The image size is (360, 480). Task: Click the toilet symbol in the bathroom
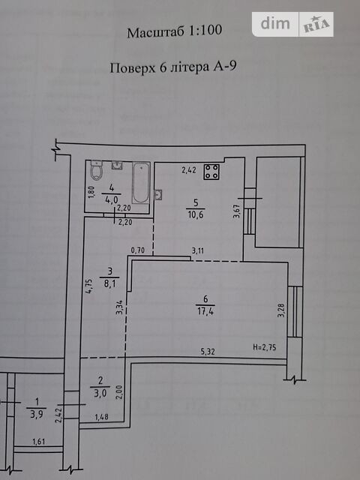point(96,170)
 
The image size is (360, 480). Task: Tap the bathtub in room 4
point(141,183)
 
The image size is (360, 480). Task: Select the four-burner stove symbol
point(211,172)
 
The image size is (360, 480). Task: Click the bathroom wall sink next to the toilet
point(117,165)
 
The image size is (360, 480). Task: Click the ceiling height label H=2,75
point(265,347)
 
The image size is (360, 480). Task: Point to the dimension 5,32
point(208,352)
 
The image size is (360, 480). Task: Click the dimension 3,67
point(236,211)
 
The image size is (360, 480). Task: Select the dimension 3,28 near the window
point(280,310)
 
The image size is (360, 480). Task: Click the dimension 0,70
point(138,250)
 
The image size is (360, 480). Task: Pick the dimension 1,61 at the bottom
point(39,442)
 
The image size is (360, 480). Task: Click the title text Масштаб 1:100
point(175,31)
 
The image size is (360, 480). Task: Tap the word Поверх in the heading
point(133,67)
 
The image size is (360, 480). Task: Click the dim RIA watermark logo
point(292,24)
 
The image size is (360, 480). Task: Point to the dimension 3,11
point(198,250)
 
